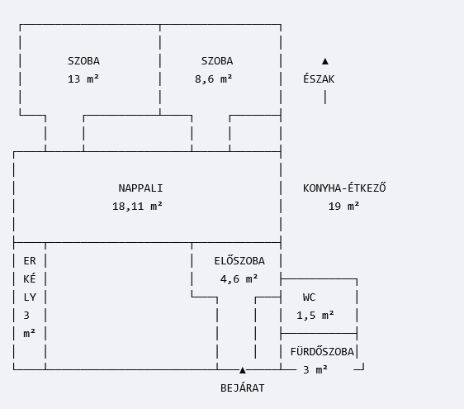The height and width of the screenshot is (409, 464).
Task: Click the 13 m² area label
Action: point(83,79)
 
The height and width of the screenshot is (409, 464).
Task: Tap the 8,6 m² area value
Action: point(214,79)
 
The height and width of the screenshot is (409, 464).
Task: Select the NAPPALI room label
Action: point(140,188)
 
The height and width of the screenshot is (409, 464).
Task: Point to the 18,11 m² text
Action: point(137,206)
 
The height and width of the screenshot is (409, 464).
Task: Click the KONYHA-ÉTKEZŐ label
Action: point(344,188)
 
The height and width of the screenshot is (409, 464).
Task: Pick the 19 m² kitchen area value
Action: point(343,206)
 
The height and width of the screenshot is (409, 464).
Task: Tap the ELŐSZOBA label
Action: point(239,260)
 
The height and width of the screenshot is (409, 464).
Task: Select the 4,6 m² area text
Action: point(239,279)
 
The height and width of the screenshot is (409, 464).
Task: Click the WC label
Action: point(310,297)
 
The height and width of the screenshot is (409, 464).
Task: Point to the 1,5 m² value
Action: point(315,316)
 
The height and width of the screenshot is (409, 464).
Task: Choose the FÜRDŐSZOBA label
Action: point(322,351)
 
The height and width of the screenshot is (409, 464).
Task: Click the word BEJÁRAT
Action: point(243,388)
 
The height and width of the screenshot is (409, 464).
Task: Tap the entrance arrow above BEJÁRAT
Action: point(243,370)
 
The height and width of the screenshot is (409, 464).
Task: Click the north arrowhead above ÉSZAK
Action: point(325,61)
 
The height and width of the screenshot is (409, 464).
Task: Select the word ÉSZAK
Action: point(319,78)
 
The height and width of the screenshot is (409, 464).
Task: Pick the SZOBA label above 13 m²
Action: point(83,60)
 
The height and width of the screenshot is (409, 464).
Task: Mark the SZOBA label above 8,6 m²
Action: point(217,60)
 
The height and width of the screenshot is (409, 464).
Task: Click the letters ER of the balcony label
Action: point(30,261)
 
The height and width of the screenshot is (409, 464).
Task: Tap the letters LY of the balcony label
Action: point(30,297)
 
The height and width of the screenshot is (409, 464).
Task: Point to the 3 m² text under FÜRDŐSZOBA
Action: point(315,370)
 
